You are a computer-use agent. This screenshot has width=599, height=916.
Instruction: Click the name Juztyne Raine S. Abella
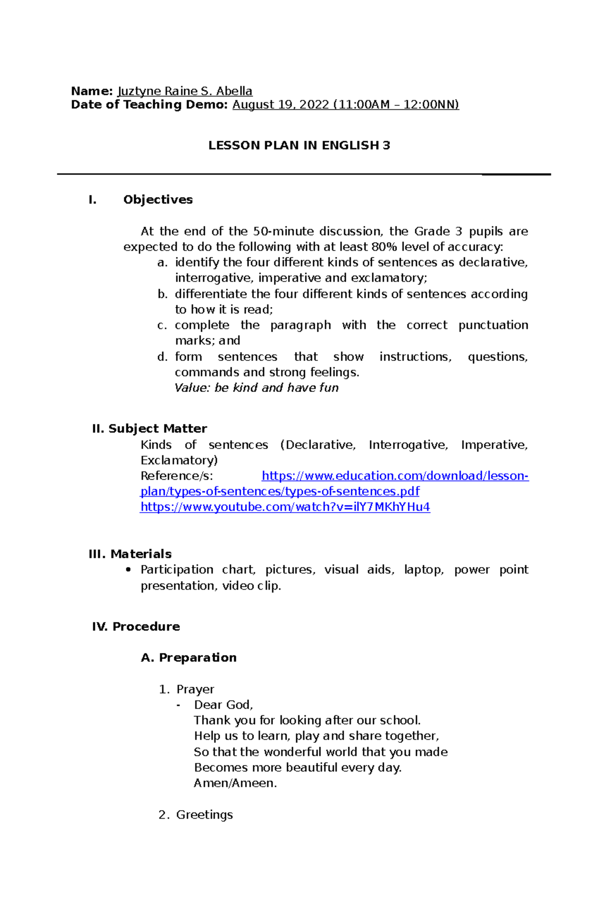pos(185,91)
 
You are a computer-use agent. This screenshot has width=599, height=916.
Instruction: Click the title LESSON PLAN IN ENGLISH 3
pos(299,145)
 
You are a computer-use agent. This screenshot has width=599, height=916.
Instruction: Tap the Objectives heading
pos(158,200)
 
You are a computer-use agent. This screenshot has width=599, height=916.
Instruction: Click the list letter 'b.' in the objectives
pos(162,295)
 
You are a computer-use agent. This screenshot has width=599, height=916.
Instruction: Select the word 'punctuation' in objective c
pos(493,325)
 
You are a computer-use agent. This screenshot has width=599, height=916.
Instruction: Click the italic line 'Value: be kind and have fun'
pos(257,388)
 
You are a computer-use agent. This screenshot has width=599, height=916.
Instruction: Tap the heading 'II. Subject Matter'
pos(149,429)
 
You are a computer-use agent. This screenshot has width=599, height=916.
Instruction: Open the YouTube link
pos(285,507)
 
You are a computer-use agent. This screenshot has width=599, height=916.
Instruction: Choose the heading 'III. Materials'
pos(130,554)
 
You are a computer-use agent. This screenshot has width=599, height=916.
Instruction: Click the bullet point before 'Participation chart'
pos(129,570)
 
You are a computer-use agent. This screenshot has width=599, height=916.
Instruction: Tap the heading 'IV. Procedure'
pos(136,626)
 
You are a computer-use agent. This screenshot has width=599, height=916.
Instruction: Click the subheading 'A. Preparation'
pos(189,658)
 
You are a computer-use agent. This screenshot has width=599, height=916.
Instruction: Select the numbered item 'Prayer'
pos(195,689)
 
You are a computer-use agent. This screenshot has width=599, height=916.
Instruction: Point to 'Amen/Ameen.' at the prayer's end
pos(235,783)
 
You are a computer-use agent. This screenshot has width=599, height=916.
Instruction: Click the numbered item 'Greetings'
pos(204,815)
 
